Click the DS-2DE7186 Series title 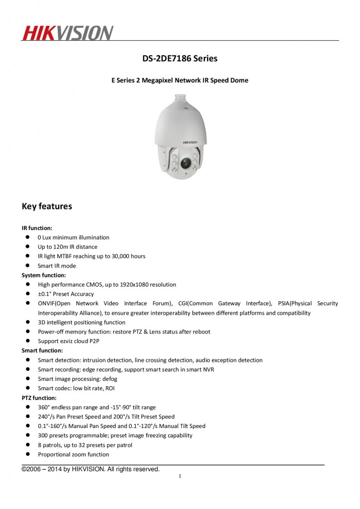coord(180,59)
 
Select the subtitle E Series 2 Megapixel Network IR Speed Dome coord(180,80)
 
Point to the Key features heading coord(47,206)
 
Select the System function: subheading coord(44,275)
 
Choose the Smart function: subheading coord(42,350)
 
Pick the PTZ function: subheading coord(39,398)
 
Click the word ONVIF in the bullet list coord(46,303)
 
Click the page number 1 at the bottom coord(180,477)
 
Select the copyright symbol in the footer coord(24,469)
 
